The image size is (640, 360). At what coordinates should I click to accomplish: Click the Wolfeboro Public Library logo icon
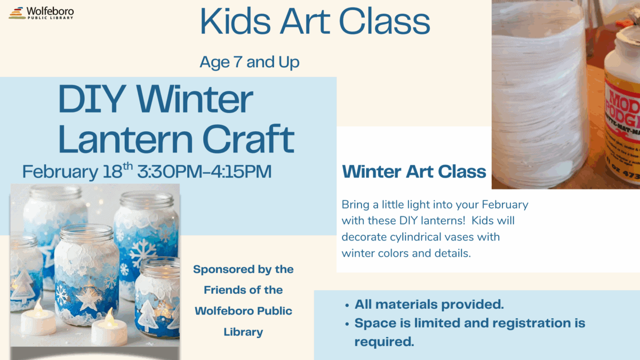coord(17,13)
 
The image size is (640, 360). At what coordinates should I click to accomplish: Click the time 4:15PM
coord(239,172)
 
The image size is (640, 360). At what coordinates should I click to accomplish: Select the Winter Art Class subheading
coord(414,172)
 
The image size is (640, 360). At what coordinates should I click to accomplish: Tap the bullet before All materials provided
coord(348,306)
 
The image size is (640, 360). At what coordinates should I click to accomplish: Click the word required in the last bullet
coord(384,342)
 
